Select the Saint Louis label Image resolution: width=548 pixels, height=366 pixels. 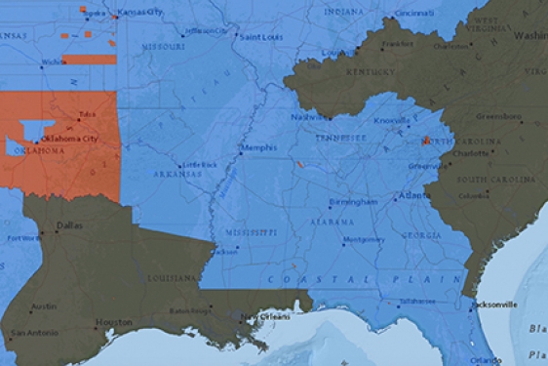262,37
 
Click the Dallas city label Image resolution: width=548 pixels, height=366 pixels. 69,225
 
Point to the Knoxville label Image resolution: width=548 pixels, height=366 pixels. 391,120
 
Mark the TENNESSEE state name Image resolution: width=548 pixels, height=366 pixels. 339,138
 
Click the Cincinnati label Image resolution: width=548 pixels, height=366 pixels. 414,14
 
